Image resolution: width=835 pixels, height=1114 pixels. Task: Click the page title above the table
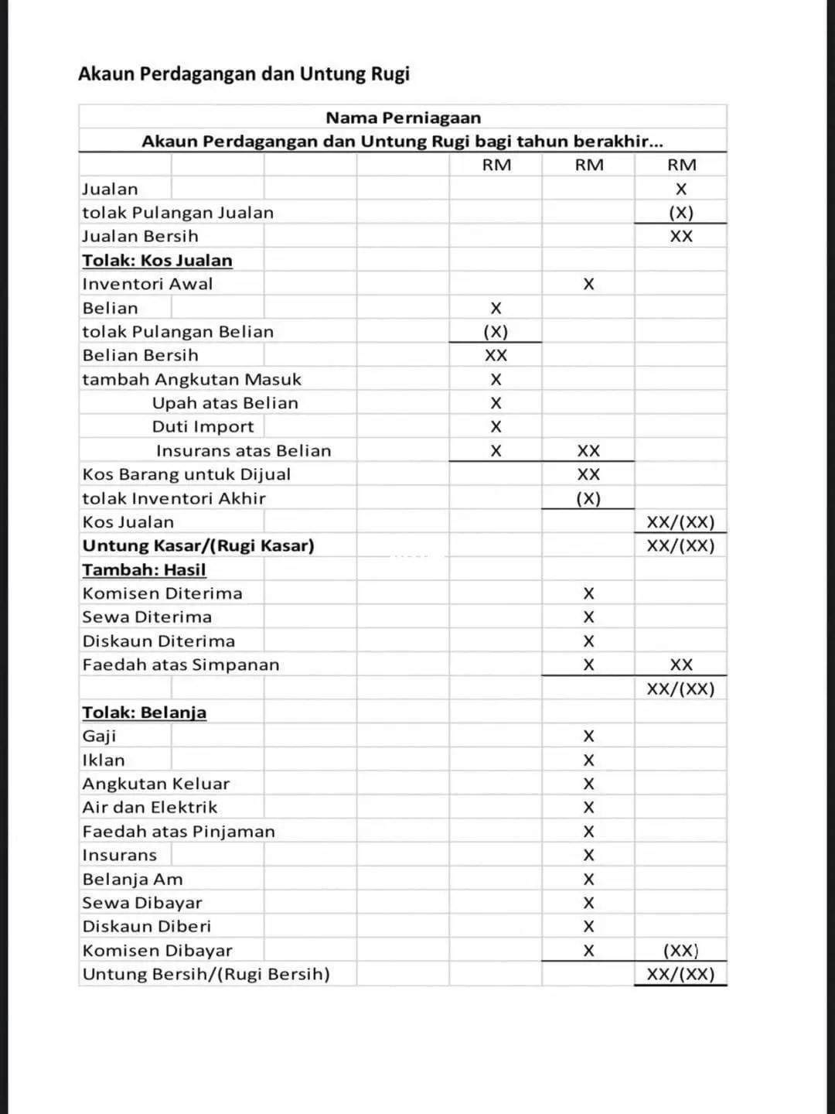tap(244, 74)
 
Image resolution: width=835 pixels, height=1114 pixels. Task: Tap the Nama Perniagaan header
tap(403, 118)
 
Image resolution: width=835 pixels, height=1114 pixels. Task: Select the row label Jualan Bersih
tap(140, 236)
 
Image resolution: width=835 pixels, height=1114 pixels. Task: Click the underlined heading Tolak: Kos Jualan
tap(157, 260)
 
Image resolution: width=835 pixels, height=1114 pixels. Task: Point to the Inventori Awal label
tap(147, 284)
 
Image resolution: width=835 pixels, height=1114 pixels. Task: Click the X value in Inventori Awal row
tap(588, 284)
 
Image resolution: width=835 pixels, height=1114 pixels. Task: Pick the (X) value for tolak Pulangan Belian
tap(496, 331)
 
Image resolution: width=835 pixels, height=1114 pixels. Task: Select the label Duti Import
tap(203, 426)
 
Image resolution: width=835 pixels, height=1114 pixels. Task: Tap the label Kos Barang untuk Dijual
tap(186, 474)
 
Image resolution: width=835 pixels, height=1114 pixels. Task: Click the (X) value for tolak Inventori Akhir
tap(588, 498)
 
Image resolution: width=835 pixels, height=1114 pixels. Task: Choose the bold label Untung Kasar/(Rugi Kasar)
tap(198, 545)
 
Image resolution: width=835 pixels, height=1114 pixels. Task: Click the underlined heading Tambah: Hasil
tap(144, 569)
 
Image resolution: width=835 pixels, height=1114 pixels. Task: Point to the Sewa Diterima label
tap(147, 617)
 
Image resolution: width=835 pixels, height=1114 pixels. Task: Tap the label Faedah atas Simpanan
tap(181, 665)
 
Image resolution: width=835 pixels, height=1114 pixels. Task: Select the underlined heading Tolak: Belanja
tap(144, 712)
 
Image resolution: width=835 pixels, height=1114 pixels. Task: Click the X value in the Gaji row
tap(588, 736)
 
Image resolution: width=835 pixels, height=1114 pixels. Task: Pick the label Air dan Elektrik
tap(150, 807)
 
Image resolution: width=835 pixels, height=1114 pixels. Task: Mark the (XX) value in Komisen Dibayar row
tap(680, 950)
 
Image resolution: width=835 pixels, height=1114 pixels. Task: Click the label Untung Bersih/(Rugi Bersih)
tap(206, 974)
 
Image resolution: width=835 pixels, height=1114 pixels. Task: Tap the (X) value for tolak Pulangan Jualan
tap(680, 212)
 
